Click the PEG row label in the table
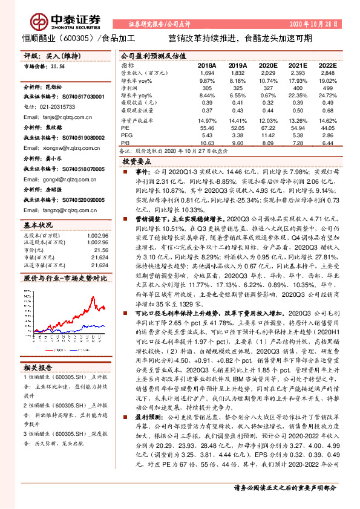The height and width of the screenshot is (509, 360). pos(126,136)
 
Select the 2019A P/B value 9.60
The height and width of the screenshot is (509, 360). pos(238,143)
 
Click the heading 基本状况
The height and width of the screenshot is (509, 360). pos(39,225)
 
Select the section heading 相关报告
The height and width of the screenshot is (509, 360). pos(39,367)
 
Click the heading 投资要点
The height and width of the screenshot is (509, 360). pos(136,162)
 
